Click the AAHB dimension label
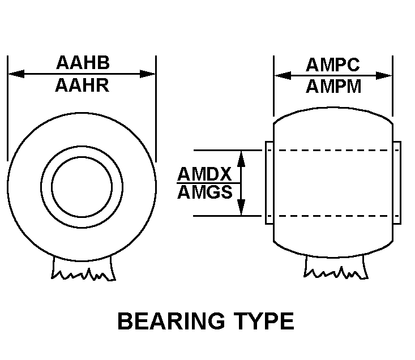[83, 63]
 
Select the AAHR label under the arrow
[82, 85]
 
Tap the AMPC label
[333, 65]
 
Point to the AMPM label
[333, 87]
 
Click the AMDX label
[204, 174]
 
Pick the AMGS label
[205, 192]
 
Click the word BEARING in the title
[171, 321]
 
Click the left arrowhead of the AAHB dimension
[16, 74]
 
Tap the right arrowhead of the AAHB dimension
[147, 74]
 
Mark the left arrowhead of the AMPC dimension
[283, 76]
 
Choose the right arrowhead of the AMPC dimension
[384, 76]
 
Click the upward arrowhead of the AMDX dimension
[241, 158]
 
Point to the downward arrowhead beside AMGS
[241, 208]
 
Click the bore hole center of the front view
[82, 187]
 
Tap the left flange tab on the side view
[269, 183]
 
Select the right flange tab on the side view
[397, 183]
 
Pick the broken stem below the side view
[336, 267]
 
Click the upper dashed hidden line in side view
[333, 150]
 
